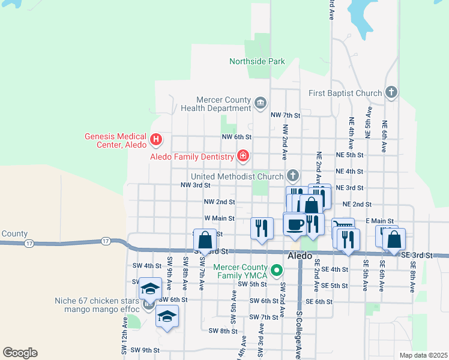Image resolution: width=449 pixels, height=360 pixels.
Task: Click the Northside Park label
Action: coord(257,62)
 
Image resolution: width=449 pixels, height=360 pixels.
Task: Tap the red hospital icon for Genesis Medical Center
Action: coord(156,140)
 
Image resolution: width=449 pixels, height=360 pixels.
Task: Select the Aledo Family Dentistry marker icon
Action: coord(243,157)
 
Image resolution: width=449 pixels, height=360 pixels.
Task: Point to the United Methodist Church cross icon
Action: coord(292,176)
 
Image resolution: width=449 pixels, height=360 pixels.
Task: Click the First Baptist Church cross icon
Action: coord(391,92)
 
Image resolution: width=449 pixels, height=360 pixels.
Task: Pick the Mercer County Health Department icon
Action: coord(260,103)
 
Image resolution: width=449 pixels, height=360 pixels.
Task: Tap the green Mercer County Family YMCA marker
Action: coord(277,271)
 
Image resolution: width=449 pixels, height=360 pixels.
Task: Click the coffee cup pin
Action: coord(295,224)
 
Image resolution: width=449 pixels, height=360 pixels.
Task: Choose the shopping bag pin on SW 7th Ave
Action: coord(205,240)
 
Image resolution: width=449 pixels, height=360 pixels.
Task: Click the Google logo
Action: coord(20,353)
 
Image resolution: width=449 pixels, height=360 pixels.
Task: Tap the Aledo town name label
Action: coord(300,256)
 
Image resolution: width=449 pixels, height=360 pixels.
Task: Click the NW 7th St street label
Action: coord(285,115)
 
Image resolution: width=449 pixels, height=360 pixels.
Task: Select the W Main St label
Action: coord(219,218)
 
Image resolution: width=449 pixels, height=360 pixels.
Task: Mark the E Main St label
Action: coord(378,221)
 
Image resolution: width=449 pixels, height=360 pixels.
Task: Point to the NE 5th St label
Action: coord(350,155)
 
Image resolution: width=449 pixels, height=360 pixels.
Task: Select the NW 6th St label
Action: coord(236,137)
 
